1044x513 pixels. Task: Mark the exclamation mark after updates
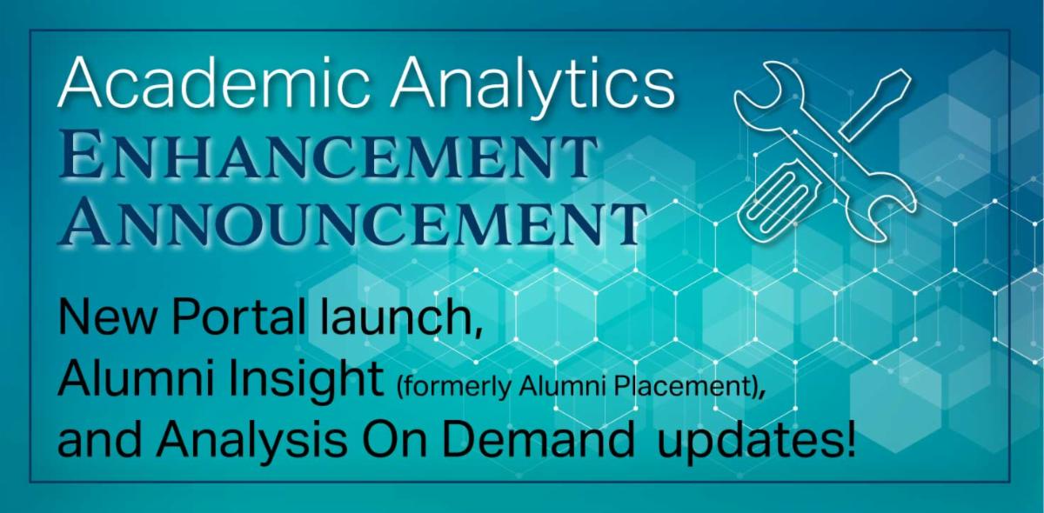pos(848,443)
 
